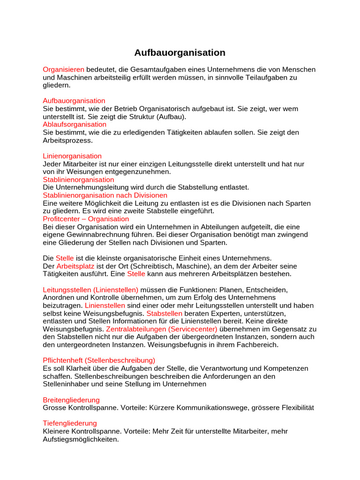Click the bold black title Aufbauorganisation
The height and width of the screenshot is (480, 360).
click(180, 52)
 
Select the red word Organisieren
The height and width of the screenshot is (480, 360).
click(63, 69)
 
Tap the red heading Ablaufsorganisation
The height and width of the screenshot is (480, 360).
click(75, 125)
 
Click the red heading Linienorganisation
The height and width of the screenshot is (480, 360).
click(72, 156)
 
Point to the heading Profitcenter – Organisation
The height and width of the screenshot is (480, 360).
click(86, 219)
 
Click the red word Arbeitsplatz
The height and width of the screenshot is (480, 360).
click(75, 266)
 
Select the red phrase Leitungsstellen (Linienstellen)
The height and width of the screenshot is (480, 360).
click(90, 290)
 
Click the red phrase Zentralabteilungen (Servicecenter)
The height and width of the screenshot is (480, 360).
click(162, 329)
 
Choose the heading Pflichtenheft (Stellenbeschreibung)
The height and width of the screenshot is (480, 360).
click(99, 360)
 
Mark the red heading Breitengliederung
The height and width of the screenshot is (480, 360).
click(71, 400)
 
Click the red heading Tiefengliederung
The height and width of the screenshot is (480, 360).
click(70, 423)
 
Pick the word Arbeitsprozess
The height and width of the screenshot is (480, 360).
click(68, 140)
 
